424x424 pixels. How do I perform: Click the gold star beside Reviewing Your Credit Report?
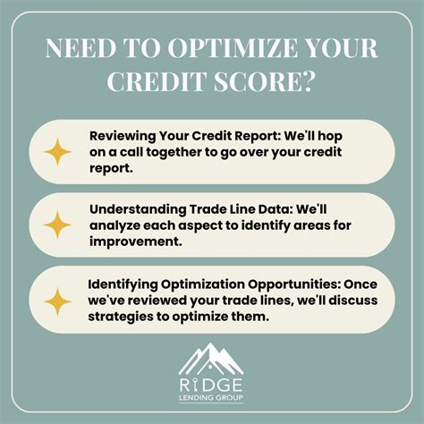pyautogui.click(x=57, y=153)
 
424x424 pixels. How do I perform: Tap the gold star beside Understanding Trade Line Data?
pyautogui.click(x=57, y=225)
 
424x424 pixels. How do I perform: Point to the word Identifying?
pyautogui.click(x=123, y=284)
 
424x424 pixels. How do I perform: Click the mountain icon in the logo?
pyautogui.click(x=211, y=358)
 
